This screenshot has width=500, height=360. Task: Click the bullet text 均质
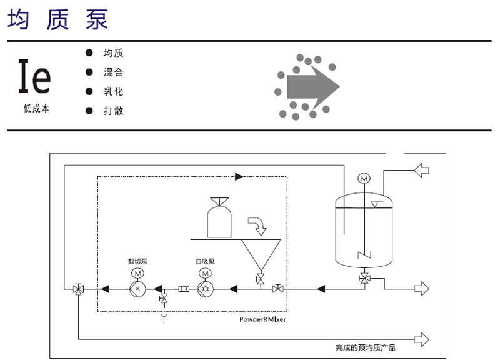click(113, 53)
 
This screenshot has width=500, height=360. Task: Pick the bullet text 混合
click(113, 72)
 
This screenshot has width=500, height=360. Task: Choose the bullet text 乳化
click(113, 92)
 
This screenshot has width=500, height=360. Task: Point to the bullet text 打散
click(113, 111)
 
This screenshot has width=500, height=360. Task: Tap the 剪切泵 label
click(137, 261)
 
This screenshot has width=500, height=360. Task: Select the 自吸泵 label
click(204, 261)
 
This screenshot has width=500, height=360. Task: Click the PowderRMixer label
click(262, 319)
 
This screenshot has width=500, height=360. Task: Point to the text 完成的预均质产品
click(366, 347)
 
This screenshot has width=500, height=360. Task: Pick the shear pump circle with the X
click(137, 289)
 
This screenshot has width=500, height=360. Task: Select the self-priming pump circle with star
click(204, 289)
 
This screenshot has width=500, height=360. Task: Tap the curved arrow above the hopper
click(256, 222)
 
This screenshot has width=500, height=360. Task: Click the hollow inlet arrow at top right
click(422, 169)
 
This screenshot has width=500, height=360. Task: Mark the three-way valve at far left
click(78, 289)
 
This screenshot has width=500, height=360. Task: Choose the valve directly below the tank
click(365, 277)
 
